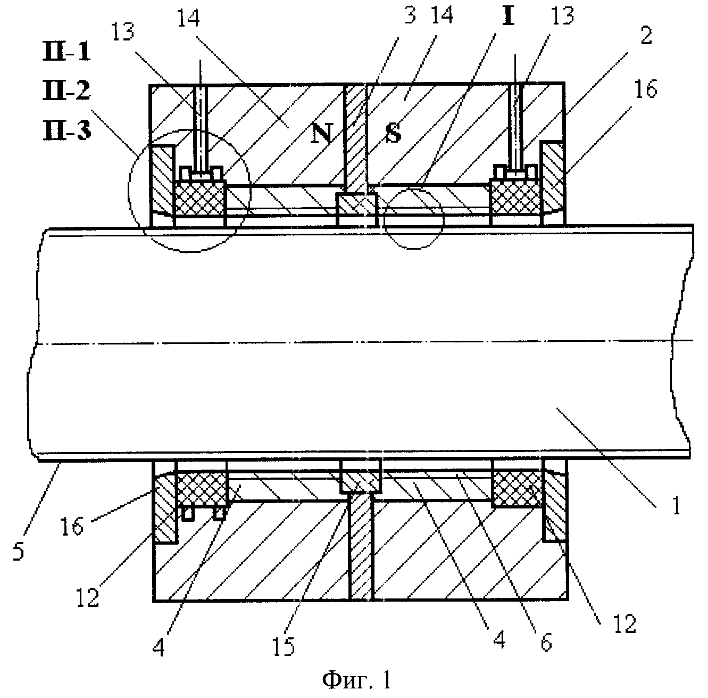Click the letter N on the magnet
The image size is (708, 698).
pos(322,133)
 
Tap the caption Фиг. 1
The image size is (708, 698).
pos(357,680)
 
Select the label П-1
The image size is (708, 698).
pos(66,51)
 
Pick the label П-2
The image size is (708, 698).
pos(66,91)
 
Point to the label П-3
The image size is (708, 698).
pos(66,130)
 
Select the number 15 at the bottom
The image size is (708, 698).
pos(284,646)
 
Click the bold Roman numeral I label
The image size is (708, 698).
pos(508,15)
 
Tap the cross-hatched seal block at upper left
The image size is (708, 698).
pos(200,198)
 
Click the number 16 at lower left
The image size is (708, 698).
pos(72,526)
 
